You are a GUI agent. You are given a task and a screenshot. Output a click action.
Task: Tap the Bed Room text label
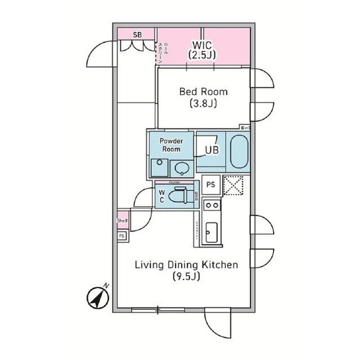(204, 91)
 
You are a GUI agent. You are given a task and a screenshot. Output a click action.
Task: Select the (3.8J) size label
(204, 104)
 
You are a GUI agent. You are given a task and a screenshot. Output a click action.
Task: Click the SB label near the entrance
(137, 34)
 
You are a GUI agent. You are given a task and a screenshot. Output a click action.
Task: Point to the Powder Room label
(170, 145)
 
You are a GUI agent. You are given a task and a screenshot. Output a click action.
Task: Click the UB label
(212, 150)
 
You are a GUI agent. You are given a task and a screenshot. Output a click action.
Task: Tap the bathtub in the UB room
(239, 150)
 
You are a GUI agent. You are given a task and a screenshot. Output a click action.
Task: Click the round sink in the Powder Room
(181, 167)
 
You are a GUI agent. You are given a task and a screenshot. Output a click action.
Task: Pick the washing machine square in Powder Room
(159, 167)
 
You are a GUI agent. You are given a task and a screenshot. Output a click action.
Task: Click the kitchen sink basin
(210, 232)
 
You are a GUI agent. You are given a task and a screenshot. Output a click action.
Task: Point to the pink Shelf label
(122, 221)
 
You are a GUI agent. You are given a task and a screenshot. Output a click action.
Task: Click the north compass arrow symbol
(98, 297)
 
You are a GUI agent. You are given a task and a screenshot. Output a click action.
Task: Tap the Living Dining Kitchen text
(186, 265)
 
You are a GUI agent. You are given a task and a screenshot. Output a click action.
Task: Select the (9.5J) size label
(186, 277)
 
